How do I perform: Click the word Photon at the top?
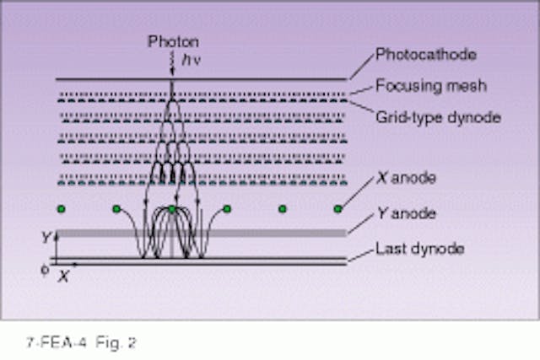(174, 41)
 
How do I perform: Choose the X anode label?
(401, 178)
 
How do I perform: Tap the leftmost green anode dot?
(60, 208)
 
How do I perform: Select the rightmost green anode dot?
(337, 208)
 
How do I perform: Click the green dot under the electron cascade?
(171, 208)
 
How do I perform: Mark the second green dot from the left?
(116, 208)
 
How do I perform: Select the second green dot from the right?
(283, 208)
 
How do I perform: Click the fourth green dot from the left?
(227, 208)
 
